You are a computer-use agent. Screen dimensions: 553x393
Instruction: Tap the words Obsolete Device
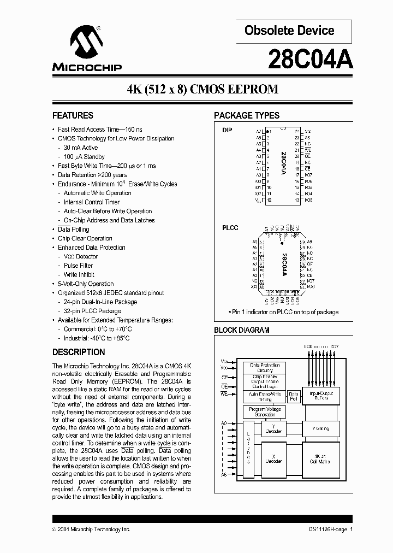point(289,31)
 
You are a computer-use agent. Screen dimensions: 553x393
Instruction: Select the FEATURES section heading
point(73,115)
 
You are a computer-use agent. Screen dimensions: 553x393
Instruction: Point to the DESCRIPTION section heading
point(79,352)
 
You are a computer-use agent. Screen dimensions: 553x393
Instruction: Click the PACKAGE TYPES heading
point(247,115)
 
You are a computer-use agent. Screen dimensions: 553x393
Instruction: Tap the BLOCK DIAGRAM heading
point(242,330)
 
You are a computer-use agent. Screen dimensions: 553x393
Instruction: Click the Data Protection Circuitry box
point(265,367)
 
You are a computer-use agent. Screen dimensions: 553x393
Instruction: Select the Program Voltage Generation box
point(265,412)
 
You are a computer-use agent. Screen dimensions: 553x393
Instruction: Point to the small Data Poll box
point(293,396)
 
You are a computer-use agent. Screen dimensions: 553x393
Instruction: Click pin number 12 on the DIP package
point(269,200)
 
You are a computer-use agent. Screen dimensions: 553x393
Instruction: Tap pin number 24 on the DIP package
point(296,132)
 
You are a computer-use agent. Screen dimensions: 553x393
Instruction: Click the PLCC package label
point(230,228)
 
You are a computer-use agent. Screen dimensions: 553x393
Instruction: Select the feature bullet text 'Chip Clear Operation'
point(85,238)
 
